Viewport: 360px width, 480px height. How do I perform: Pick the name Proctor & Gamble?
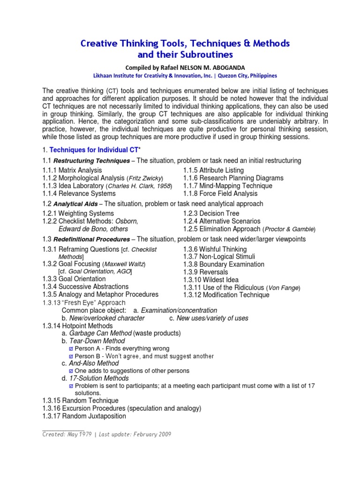[289, 229]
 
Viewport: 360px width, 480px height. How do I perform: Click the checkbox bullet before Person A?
[71, 349]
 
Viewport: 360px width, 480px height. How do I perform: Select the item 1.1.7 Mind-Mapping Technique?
[228, 186]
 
